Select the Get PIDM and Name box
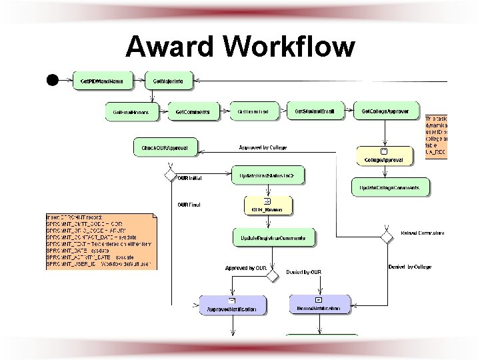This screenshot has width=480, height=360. tap(101, 81)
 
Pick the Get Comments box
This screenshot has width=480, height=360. tap(193, 111)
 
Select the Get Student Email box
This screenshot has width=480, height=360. tap(315, 111)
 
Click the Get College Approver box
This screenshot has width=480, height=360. tap(389, 111)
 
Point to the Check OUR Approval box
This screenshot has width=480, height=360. tap(165, 147)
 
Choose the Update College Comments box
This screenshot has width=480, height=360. tap(390, 188)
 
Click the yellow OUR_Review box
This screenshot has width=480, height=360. tap(267, 206)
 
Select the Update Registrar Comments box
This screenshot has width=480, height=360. tap(273, 238)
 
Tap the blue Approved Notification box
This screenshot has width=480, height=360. tap(233, 306)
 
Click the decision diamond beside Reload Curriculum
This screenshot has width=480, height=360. tap(386, 237)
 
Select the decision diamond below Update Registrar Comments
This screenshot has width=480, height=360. tap(271, 275)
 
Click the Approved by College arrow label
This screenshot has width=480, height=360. tap(263, 147)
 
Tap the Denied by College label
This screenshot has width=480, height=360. tap(409, 267)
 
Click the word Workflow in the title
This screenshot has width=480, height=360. tap(289, 46)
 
